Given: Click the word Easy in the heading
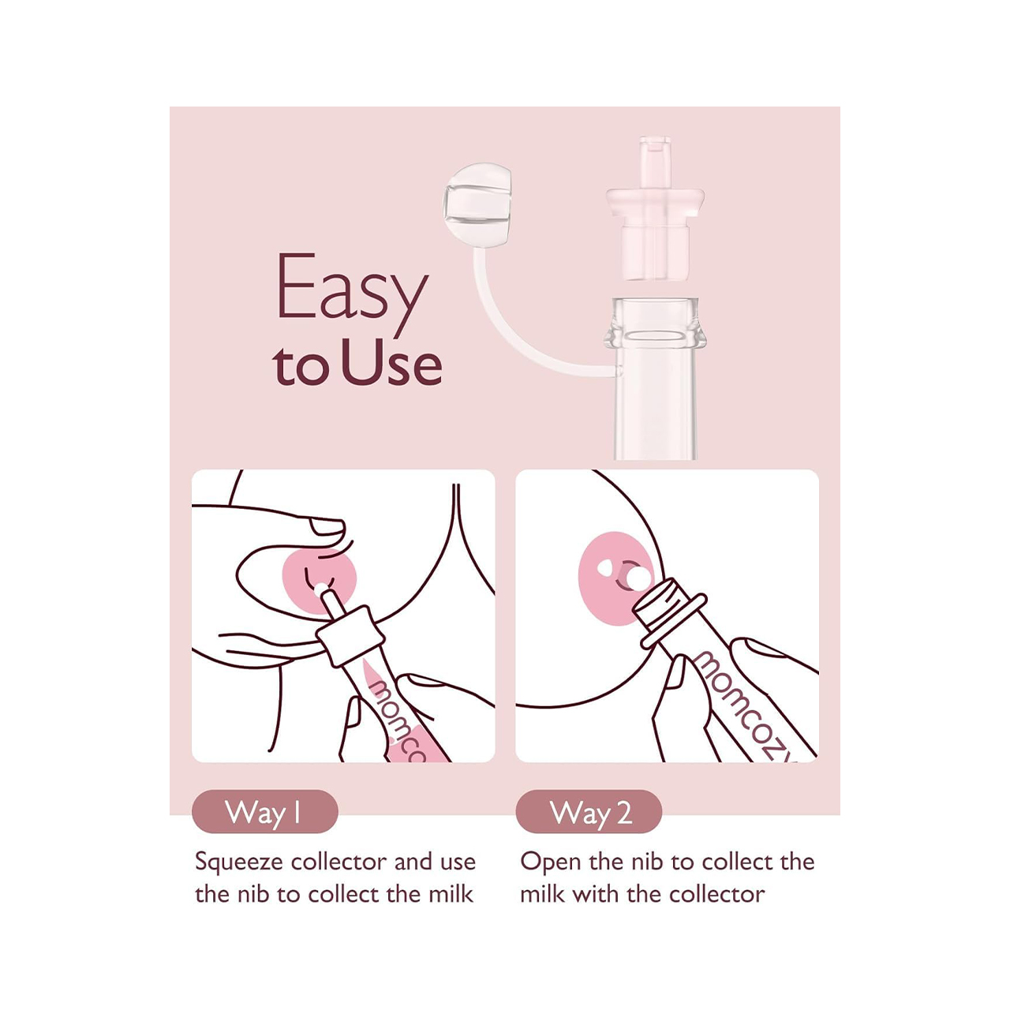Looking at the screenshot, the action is [352, 294].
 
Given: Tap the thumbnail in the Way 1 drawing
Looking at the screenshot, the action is [326, 527].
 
